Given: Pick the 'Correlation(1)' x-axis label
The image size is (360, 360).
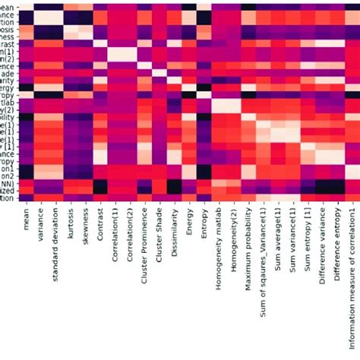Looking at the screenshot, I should point(114,237).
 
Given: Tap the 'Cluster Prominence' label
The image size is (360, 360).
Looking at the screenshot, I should point(144,248).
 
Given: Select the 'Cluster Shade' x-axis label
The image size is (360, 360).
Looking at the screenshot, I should point(158,238).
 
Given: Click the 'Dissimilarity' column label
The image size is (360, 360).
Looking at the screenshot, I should point(173,235).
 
